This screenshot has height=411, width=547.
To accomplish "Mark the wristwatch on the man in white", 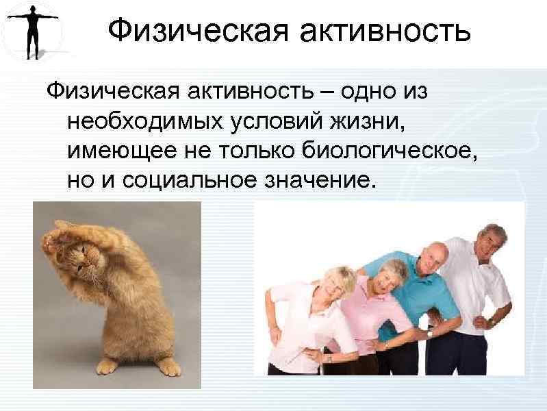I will tap(492, 321).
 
